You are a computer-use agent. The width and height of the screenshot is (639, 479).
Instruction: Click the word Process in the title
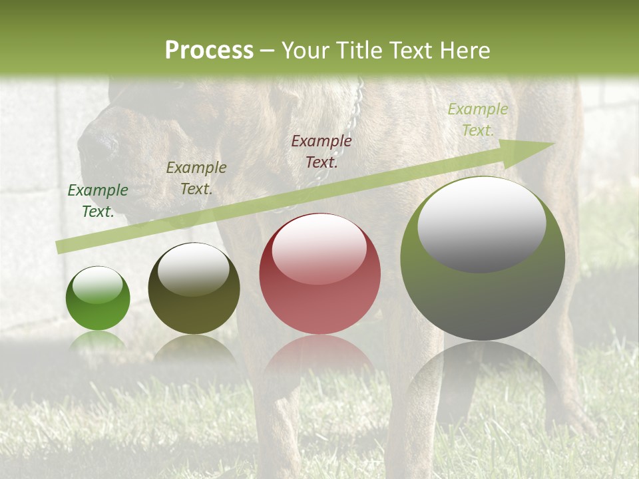coord(209,51)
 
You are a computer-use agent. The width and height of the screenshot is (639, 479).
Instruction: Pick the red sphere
coord(320,293)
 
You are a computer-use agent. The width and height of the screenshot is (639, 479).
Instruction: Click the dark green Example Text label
coord(98,200)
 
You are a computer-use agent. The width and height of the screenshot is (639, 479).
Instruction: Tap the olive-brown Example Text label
coord(196,178)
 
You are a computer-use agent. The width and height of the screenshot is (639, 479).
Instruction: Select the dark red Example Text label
coord(321,151)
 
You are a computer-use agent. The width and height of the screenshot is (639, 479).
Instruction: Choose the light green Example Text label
coord(478,119)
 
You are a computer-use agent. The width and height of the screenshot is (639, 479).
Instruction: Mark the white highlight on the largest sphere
coord(481,223)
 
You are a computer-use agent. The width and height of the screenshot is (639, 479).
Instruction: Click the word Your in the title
coord(303,51)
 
